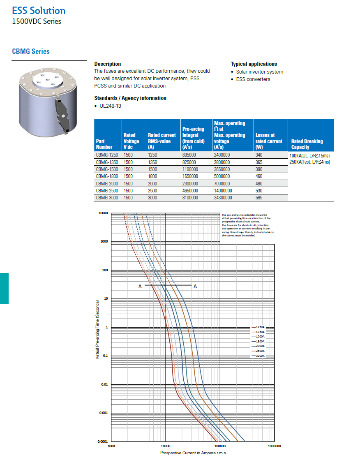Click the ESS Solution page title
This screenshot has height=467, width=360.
39,11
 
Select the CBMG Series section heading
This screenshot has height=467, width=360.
31,51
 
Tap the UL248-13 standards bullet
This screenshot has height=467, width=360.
110,106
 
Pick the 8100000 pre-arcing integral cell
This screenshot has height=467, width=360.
190,198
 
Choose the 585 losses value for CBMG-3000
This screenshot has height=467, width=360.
259,198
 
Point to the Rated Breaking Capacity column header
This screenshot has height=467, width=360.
307,144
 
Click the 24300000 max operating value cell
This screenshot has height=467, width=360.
223,198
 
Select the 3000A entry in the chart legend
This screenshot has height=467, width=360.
260,355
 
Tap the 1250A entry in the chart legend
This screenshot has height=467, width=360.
260,327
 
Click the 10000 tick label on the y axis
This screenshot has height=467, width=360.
103,213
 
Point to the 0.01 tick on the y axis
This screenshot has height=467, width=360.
104,384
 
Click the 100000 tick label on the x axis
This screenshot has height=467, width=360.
220,446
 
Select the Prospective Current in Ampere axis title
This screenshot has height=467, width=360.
193,453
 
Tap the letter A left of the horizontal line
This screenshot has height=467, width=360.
140,286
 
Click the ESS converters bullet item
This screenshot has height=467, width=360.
253,79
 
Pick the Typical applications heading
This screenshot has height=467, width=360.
254,64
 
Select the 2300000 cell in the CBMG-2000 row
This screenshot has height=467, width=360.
190,183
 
